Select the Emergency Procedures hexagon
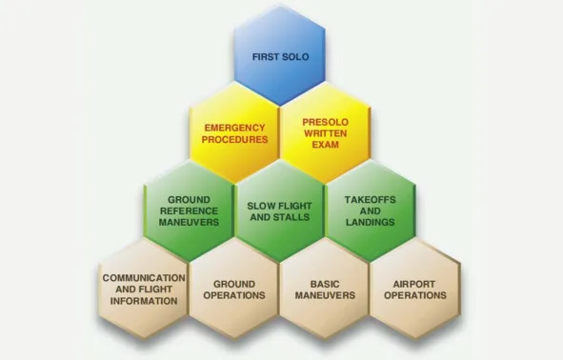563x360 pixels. point(234,133)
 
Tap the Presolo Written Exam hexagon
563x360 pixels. point(325,133)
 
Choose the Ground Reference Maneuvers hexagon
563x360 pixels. point(190,211)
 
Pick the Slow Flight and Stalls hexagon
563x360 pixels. point(280,211)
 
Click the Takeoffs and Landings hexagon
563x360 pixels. point(371,211)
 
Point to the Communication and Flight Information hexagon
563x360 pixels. point(143,289)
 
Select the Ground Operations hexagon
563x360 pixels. point(234,289)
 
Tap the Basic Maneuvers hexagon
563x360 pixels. point(325,289)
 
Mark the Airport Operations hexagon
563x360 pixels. point(415,289)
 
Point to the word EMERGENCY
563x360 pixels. point(235,128)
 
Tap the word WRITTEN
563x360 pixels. point(325,133)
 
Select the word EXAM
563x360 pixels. point(325,145)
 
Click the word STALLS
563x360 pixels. point(292,217)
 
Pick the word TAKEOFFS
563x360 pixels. point(371,200)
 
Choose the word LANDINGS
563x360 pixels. point(371,222)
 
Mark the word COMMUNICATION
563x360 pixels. point(144,278)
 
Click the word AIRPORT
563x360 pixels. point(414,284)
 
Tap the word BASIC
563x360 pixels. point(325,284)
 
